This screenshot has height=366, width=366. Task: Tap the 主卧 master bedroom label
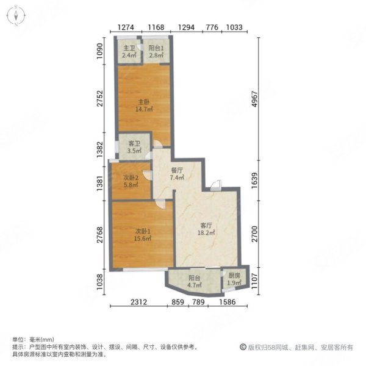143,101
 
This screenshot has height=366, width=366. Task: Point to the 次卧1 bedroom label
143,231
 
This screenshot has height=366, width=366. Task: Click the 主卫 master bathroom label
128,48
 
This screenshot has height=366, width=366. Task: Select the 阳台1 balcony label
156,48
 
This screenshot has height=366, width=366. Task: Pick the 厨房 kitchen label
234,276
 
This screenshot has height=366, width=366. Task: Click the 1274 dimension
126,27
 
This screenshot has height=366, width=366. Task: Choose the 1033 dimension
234,27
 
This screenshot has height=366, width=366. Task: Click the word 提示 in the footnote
18,346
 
